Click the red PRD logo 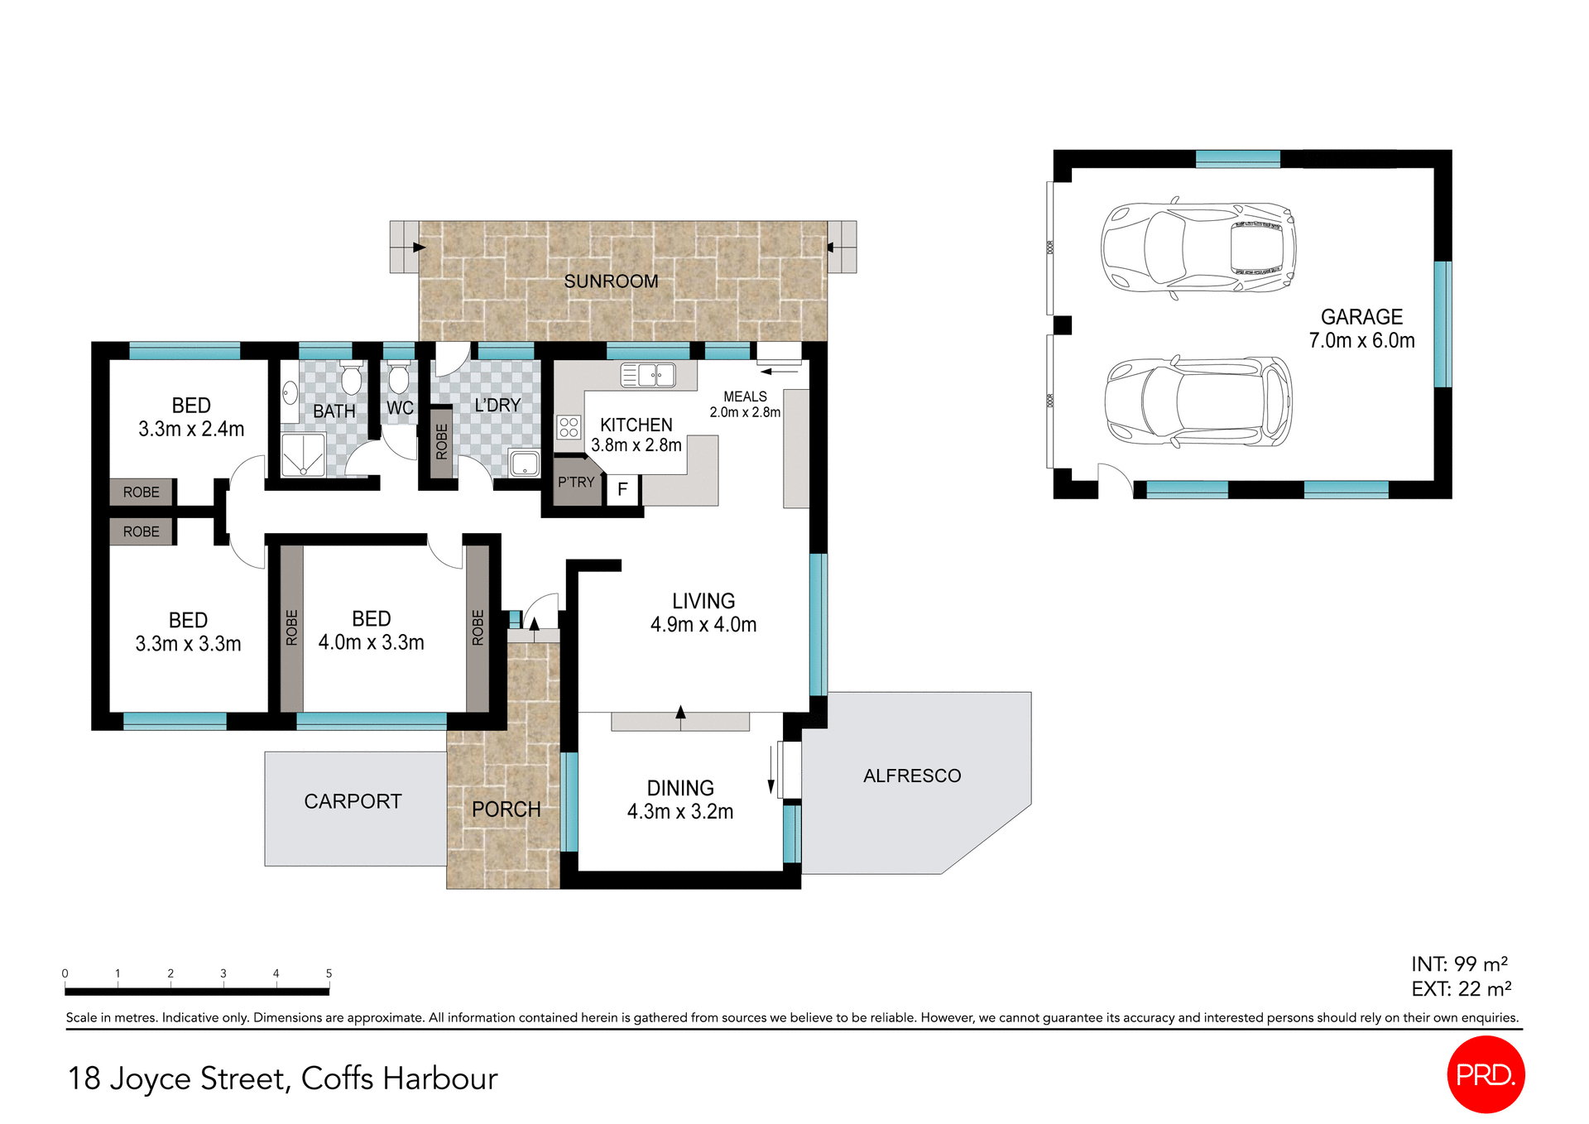[x=1486, y=1074]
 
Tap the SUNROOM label [x=611, y=281]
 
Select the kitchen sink [x=648, y=375]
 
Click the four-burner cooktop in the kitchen [x=569, y=427]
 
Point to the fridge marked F [x=622, y=490]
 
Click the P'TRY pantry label [x=576, y=482]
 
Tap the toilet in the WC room [x=399, y=378]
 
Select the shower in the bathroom [x=303, y=455]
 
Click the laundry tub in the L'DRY [x=525, y=464]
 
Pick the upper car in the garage [x=1198, y=247]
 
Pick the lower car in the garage [x=1198, y=402]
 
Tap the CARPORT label [x=353, y=801]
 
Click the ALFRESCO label [x=912, y=776]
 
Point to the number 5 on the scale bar [x=329, y=973]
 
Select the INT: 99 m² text [x=1459, y=964]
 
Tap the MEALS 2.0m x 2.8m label [x=745, y=404]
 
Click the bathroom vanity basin [x=290, y=392]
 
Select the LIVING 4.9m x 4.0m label [x=703, y=612]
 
